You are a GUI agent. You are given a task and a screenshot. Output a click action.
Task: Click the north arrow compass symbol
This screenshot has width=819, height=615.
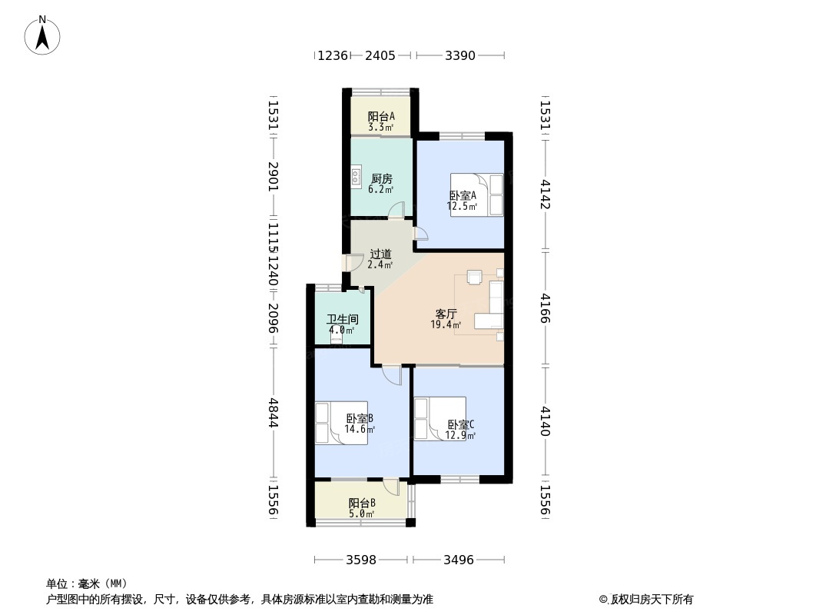[42, 35]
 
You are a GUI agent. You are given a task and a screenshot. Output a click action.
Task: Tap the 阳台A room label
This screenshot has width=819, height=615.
[381, 116]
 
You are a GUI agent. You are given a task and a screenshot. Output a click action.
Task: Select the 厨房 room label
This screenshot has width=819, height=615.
[381, 178]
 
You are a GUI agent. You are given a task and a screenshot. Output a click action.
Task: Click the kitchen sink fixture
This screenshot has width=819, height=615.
[356, 176]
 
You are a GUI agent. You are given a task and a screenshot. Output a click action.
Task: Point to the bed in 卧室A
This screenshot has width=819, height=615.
[477, 195]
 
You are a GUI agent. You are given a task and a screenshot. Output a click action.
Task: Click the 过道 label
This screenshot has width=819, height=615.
[381, 254]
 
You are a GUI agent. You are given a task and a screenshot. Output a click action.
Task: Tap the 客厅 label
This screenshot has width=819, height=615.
[446, 314]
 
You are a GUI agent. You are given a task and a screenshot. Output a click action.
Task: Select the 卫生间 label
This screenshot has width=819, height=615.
[343, 319]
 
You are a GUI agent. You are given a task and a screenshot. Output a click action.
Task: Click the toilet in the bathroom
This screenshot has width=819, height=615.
[337, 335]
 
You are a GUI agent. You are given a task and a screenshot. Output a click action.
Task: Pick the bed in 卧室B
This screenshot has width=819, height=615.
[341, 423]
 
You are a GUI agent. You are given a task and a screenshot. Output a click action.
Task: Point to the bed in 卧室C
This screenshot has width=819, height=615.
[439, 418]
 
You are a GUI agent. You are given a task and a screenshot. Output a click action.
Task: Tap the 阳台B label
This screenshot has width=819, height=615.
[362, 503]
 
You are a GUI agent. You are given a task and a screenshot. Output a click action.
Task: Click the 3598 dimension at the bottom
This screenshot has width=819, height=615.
[361, 560]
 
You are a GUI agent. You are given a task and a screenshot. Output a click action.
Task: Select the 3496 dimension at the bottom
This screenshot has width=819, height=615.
[459, 560]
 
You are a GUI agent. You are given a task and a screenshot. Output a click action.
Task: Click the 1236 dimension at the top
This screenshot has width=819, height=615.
[333, 55]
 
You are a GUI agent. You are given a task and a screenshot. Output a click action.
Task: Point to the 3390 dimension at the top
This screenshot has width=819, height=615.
[460, 55]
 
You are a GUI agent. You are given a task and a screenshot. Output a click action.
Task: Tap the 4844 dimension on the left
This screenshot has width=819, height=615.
[274, 413]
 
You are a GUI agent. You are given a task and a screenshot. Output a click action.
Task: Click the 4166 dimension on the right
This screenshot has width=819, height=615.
[545, 308]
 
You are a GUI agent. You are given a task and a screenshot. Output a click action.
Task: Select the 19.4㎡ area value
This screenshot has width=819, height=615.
[446, 324]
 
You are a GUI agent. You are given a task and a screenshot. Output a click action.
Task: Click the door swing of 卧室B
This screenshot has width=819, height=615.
[392, 375]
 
